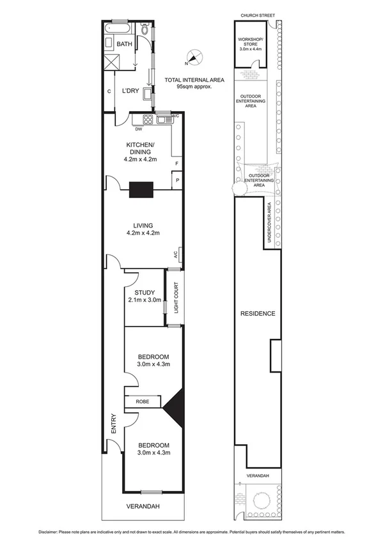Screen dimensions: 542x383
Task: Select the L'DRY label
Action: pyautogui.click(x=131, y=91)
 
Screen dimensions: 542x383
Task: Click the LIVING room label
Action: pyautogui.click(x=143, y=228)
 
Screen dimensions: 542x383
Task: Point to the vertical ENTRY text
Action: pyautogui.click(x=113, y=424)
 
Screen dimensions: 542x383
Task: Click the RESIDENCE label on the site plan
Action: pyautogui.click(x=258, y=313)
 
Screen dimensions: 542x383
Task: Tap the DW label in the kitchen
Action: pyautogui.click(x=137, y=127)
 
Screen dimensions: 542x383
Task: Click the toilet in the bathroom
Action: pyautogui.click(x=145, y=31)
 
